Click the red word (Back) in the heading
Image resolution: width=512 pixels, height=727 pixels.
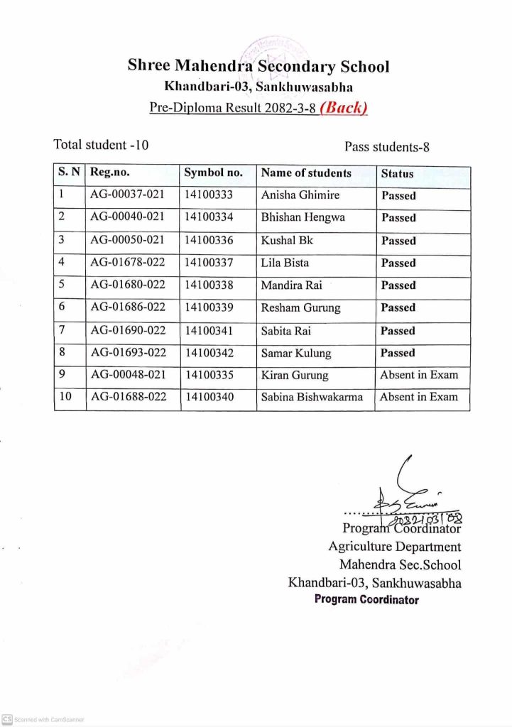[x=344, y=109]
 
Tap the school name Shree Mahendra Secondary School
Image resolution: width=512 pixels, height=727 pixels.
[x=258, y=67]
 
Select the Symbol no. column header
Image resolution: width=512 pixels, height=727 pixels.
[x=213, y=173]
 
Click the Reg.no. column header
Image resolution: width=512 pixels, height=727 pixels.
[x=110, y=173]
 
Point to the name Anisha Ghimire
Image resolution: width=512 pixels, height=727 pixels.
[x=300, y=195]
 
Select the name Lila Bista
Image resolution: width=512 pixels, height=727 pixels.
[x=285, y=263]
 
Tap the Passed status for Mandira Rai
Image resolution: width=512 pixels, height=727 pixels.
[x=398, y=285]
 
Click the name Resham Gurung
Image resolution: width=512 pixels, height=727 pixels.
[x=300, y=307]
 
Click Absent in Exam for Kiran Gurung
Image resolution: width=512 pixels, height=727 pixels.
[x=419, y=375]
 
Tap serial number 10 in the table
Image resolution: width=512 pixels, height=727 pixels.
[x=65, y=397]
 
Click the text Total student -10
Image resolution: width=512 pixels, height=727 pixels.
[x=101, y=145]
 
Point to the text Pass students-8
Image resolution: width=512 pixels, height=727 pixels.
[x=387, y=147]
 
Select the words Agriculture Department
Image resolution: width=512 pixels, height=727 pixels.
[x=394, y=547]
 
